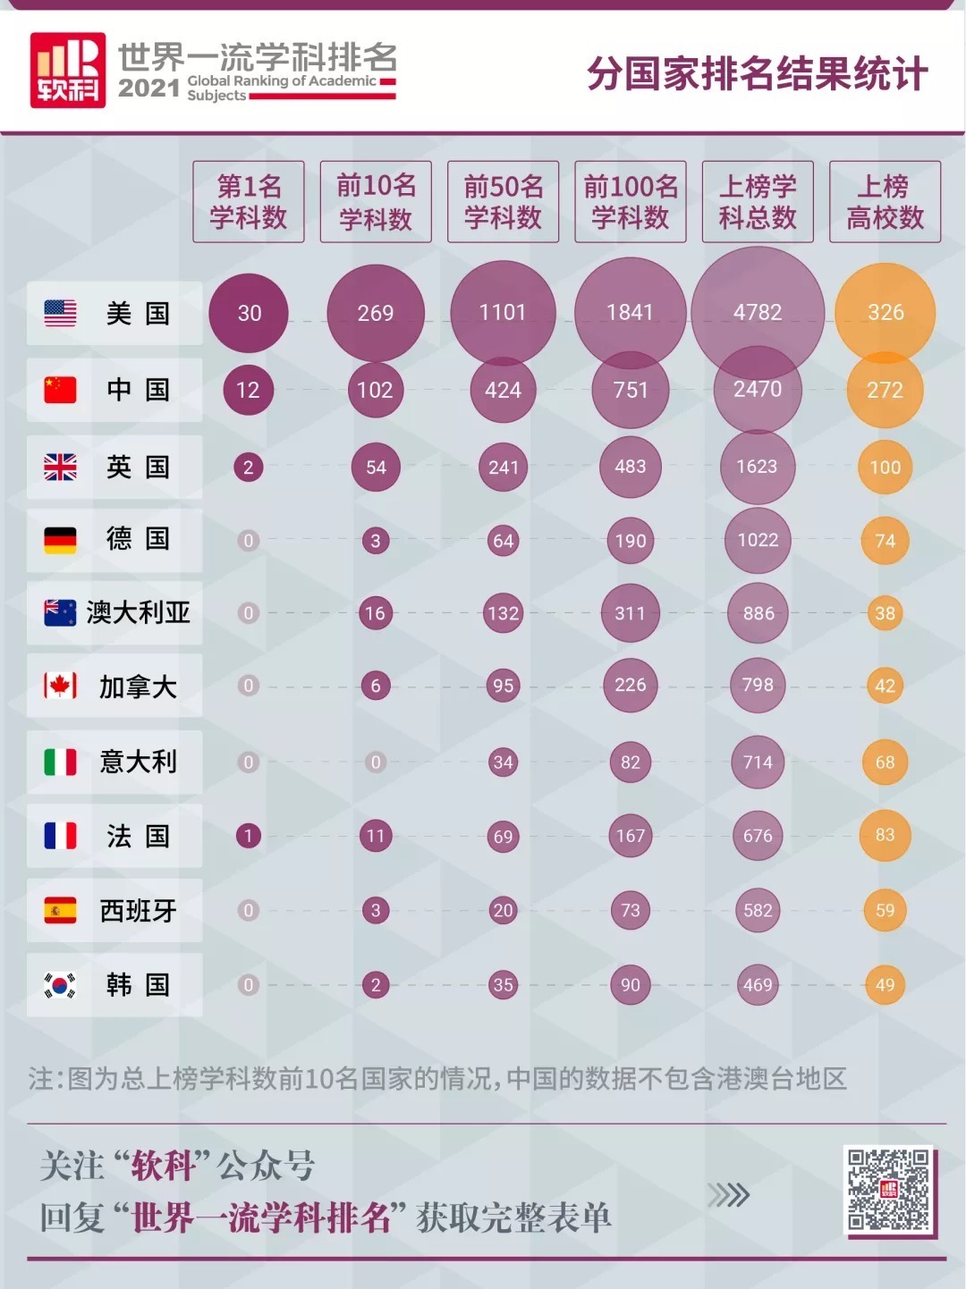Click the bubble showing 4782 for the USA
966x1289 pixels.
click(758, 312)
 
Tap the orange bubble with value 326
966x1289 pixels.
click(885, 312)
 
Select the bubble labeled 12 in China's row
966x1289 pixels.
click(248, 390)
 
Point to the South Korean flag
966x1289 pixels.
click(60, 985)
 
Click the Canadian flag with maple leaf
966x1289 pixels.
click(60, 686)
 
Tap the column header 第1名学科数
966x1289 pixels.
click(249, 202)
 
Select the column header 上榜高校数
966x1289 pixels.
click(885, 202)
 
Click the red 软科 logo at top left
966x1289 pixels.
click(68, 71)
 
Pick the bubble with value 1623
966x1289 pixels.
click(757, 467)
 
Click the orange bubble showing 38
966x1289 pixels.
click(885, 613)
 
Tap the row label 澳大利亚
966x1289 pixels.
click(138, 612)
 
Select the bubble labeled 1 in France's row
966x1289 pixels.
click(248, 836)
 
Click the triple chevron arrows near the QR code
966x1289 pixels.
click(728, 1195)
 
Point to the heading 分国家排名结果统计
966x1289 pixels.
click(757, 73)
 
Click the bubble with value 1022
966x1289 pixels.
click(758, 540)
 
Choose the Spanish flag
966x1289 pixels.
click(60, 910)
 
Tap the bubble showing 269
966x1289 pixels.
click(376, 312)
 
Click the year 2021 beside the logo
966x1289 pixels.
click(148, 88)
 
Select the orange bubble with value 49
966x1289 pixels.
click(885, 985)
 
